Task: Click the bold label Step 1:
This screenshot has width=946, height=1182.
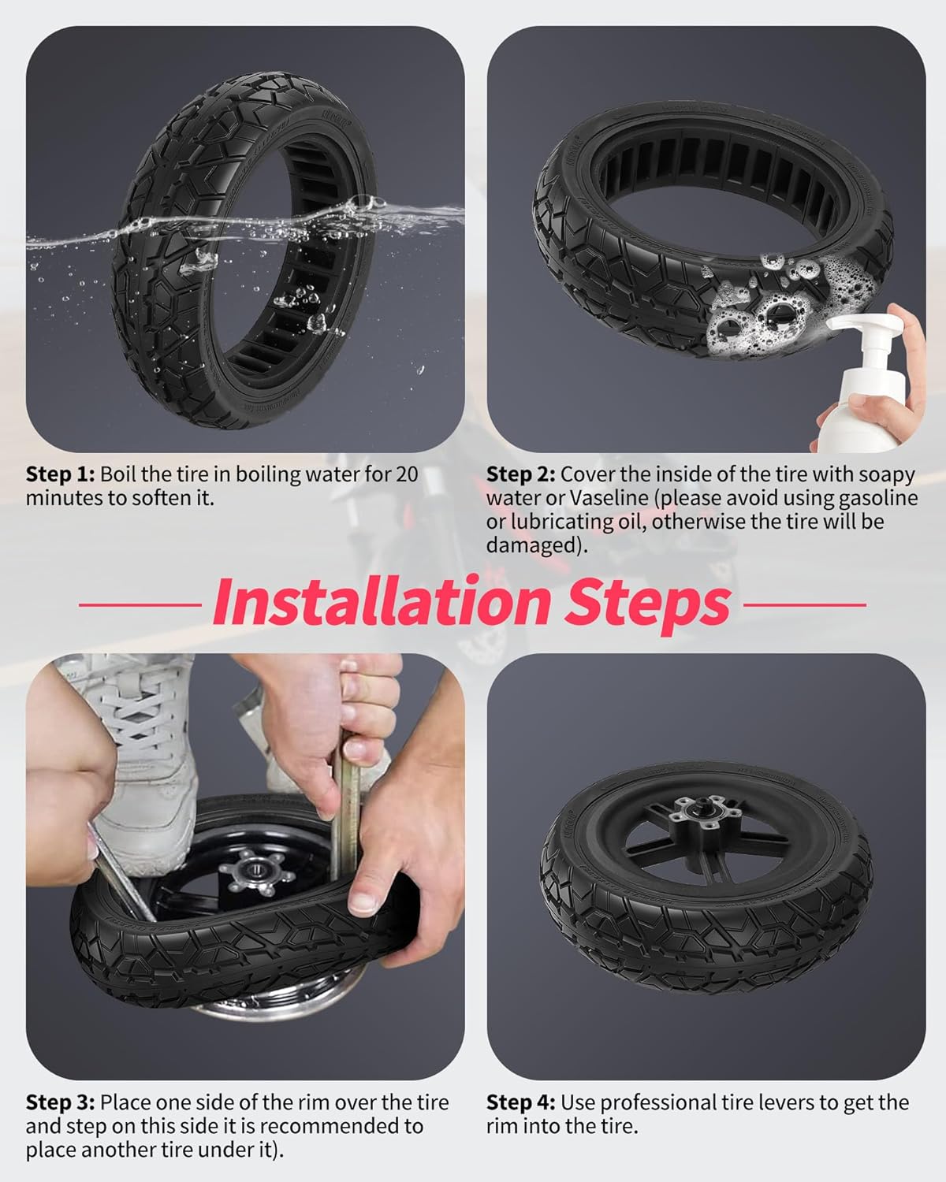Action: point(61,474)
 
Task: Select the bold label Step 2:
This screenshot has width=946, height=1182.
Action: point(520,474)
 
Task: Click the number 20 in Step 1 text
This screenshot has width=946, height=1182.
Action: point(407,474)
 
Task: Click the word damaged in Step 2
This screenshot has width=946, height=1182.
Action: point(531,547)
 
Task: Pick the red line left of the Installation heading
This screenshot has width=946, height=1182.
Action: point(140,604)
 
